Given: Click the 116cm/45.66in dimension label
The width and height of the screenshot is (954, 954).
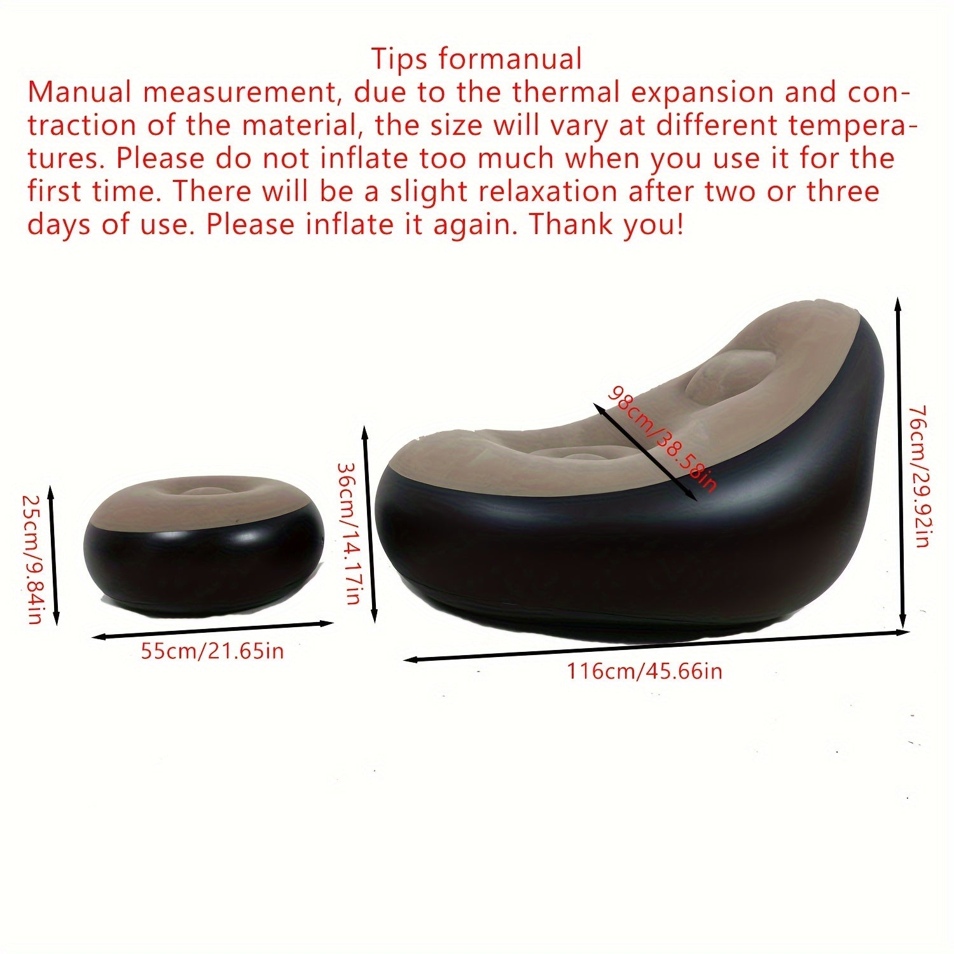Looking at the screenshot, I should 644,671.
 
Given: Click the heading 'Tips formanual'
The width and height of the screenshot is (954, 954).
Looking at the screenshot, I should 476,59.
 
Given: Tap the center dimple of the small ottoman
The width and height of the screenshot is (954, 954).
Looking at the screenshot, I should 205,492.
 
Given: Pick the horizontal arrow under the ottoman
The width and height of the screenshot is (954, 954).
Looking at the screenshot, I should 212,630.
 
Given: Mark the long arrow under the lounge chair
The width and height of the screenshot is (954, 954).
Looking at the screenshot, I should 655,646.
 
